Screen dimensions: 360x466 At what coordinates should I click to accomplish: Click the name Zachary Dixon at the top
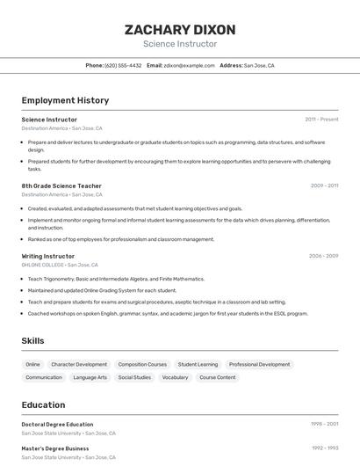pos(179,29)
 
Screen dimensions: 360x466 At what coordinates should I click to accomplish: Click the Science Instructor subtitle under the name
pos(179,44)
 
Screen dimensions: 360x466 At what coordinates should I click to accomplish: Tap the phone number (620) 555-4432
pos(123,66)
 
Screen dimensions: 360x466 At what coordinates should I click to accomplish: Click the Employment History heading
pos(65,100)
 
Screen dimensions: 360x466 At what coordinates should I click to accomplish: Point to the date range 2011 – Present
pos(321,120)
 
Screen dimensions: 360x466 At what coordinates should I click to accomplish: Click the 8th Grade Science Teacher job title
pos(61,186)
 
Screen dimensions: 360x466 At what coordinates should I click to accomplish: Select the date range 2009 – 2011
pos(324,186)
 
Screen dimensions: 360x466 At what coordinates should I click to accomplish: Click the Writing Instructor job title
pos(48,256)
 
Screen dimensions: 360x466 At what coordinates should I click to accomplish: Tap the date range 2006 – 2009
pos(323,256)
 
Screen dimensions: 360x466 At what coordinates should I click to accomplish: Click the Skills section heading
pos(32,340)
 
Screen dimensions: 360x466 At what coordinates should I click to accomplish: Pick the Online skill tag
pos(32,364)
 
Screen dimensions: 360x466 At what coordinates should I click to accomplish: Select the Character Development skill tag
pos(79,364)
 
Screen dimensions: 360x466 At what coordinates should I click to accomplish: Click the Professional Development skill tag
pos(259,364)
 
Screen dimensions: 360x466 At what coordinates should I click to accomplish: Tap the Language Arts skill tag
pos(90,377)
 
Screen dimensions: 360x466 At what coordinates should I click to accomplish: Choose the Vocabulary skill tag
pos(175,377)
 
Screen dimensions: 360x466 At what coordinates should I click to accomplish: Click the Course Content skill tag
pos(217,377)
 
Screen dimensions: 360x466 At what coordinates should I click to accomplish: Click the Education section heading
pos(43,405)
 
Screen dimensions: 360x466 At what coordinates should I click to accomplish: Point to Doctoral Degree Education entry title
pos(57,425)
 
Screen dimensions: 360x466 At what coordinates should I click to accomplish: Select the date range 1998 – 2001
pos(324,425)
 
